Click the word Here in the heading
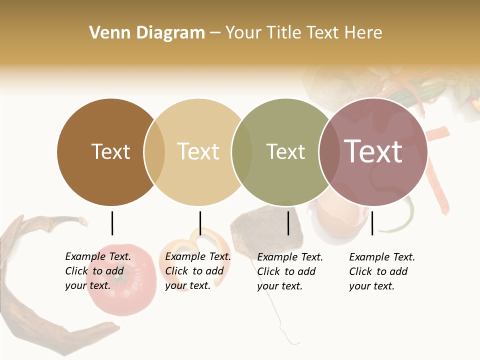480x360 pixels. point(364,33)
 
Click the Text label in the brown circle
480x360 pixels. point(110,151)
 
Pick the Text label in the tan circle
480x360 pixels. point(198,151)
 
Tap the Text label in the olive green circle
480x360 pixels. point(285,151)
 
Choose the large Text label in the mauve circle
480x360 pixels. point(373,151)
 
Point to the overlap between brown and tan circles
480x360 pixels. point(154,152)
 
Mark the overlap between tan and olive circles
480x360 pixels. point(242,152)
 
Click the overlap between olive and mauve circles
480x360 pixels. point(329,152)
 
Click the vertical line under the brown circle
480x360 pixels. point(112,223)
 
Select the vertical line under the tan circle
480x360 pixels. point(200,223)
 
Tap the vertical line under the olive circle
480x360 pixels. point(288,223)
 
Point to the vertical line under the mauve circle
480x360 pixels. point(372,223)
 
